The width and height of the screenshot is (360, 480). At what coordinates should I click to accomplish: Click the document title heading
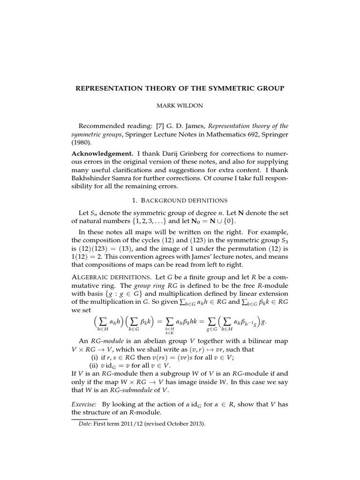point(180,88)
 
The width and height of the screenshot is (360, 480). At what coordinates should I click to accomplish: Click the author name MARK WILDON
point(180,106)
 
